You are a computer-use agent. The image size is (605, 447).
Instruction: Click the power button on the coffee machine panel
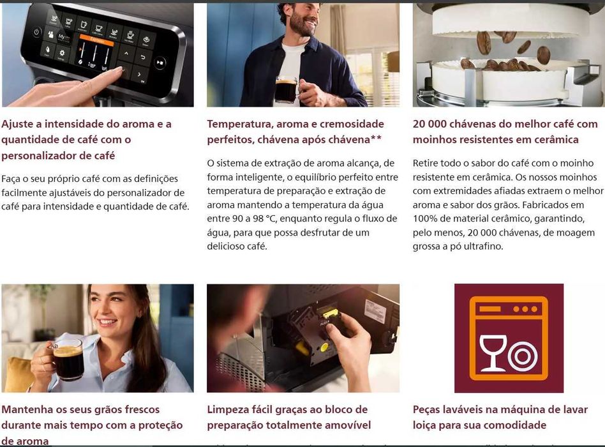36,31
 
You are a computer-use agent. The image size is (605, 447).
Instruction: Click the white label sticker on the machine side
376,311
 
